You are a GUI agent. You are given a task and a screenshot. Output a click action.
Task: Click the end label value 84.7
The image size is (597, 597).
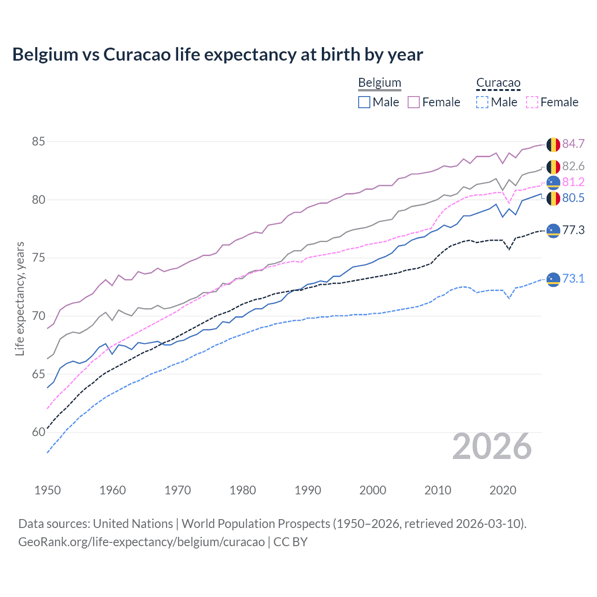click(x=573, y=144)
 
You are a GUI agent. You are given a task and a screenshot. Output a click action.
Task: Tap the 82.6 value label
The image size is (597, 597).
click(x=573, y=167)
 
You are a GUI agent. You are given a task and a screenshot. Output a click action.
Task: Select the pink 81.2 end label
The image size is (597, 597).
click(x=573, y=182)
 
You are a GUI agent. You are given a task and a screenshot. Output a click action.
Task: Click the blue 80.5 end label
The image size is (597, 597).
click(x=573, y=198)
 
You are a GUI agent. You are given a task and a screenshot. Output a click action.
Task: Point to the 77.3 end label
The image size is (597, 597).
click(x=573, y=230)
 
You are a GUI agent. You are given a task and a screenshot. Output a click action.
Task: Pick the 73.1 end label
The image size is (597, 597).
click(x=573, y=279)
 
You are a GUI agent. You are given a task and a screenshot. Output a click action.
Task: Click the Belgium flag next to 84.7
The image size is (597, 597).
click(x=553, y=145)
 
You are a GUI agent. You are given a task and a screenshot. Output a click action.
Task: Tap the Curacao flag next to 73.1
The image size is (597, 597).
click(x=553, y=279)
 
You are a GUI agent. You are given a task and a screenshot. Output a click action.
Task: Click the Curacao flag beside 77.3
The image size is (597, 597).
click(x=553, y=230)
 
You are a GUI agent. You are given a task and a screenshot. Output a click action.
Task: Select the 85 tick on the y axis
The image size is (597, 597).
click(x=38, y=141)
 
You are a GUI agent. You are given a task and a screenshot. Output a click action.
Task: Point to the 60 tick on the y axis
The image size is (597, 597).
click(x=38, y=432)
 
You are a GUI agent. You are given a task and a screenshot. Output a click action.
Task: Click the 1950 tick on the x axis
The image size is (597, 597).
click(x=48, y=490)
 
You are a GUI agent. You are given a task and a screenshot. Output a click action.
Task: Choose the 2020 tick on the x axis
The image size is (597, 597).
click(x=503, y=490)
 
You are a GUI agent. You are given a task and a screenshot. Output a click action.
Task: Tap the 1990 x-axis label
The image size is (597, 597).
click(x=308, y=490)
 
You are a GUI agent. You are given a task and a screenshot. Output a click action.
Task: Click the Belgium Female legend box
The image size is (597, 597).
click(x=414, y=102)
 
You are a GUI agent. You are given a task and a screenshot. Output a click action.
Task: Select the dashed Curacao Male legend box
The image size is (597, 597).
click(x=482, y=102)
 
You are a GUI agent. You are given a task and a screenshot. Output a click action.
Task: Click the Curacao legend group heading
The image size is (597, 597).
click(x=498, y=83)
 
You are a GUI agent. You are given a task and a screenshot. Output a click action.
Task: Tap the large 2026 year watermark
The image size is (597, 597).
click(x=492, y=447)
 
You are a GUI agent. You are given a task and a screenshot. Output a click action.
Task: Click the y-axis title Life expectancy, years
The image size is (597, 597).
click(x=20, y=298)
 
